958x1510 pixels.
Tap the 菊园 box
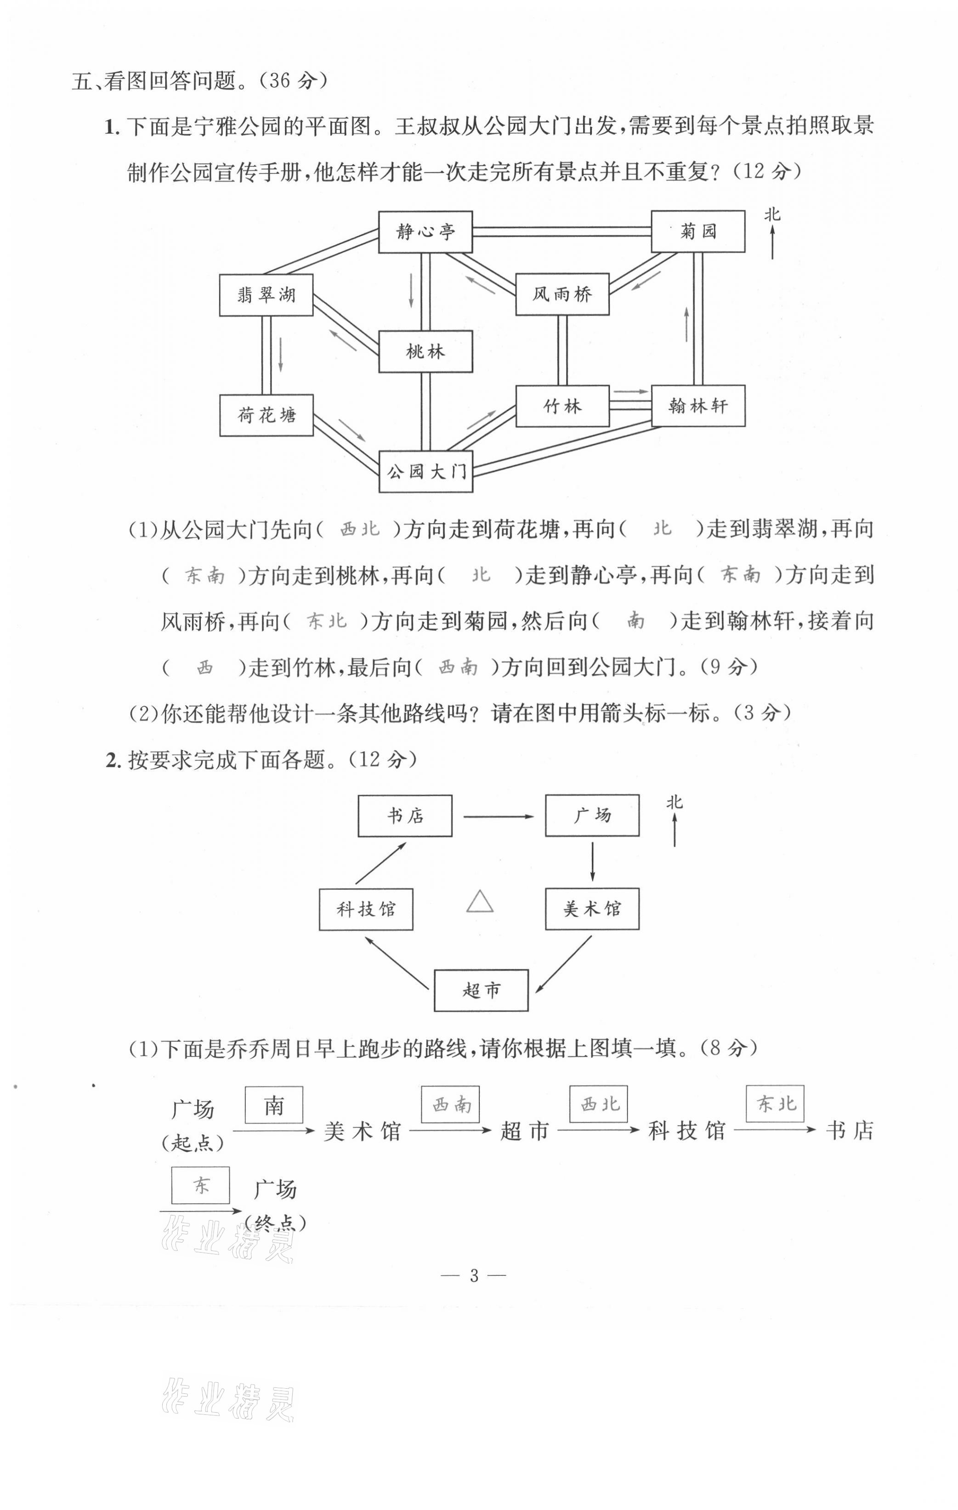point(697,232)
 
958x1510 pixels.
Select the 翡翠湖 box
point(266,295)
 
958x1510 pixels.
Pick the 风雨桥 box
point(562,294)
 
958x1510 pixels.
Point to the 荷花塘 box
point(266,415)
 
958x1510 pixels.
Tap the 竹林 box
point(562,407)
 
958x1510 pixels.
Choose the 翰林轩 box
point(697,407)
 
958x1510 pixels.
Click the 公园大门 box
point(425,472)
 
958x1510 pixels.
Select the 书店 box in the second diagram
point(405,816)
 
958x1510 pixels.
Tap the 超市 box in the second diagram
point(481,990)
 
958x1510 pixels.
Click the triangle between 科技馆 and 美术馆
point(480,902)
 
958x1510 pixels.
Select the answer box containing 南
point(273,1105)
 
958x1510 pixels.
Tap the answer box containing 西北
point(598,1103)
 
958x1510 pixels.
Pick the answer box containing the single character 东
point(201,1185)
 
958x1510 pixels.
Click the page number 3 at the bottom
point(474,1275)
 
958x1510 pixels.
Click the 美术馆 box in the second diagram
point(592,909)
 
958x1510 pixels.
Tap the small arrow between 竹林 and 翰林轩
point(630,392)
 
